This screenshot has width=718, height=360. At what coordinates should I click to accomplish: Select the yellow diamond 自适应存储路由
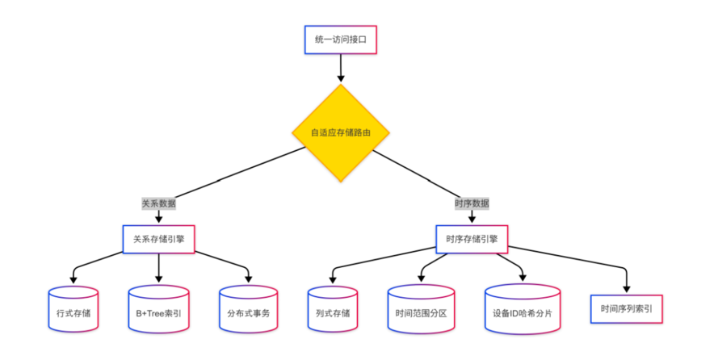pos(341,132)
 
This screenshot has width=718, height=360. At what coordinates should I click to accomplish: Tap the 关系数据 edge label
pos(158,203)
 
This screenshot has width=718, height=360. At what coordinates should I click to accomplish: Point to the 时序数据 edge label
pos(471,203)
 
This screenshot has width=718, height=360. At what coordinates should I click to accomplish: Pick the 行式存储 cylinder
pos(73,308)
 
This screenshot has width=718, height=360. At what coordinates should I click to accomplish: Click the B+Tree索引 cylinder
pos(158,308)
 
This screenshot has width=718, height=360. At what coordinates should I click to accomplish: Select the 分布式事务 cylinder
pos(248,308)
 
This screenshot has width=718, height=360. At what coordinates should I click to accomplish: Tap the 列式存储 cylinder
pos(332,308)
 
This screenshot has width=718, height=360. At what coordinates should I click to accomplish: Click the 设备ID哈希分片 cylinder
pos(523,308)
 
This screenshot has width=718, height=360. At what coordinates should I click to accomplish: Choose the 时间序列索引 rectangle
pos(627,308)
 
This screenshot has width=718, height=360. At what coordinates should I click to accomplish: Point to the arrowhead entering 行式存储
pos(73,278)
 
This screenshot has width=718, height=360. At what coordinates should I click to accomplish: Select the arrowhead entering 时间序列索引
pos(627,287)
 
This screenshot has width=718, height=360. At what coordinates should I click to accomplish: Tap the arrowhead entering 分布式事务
pos(248,278)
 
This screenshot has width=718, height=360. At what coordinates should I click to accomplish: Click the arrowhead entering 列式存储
pos(332,278)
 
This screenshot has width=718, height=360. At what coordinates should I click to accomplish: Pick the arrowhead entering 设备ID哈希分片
pos(523,276)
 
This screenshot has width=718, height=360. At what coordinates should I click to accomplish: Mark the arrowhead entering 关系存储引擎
pos(158,218)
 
